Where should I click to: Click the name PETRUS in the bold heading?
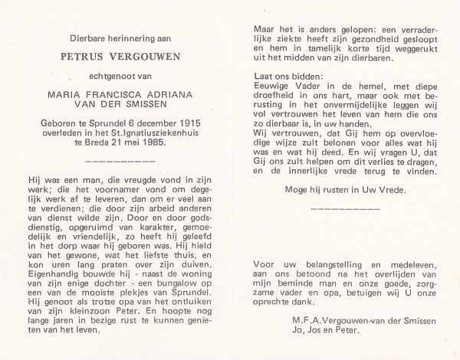[x=80, y=57]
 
